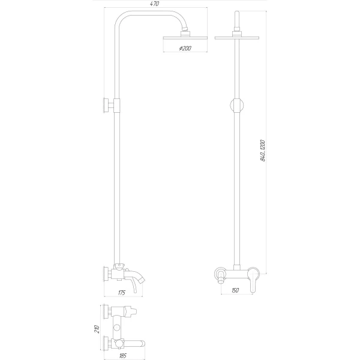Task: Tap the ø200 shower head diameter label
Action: [185, 48]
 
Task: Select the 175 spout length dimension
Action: [122, 292]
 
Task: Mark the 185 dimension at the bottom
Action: [123, 356]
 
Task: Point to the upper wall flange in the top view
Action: [107, 311]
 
